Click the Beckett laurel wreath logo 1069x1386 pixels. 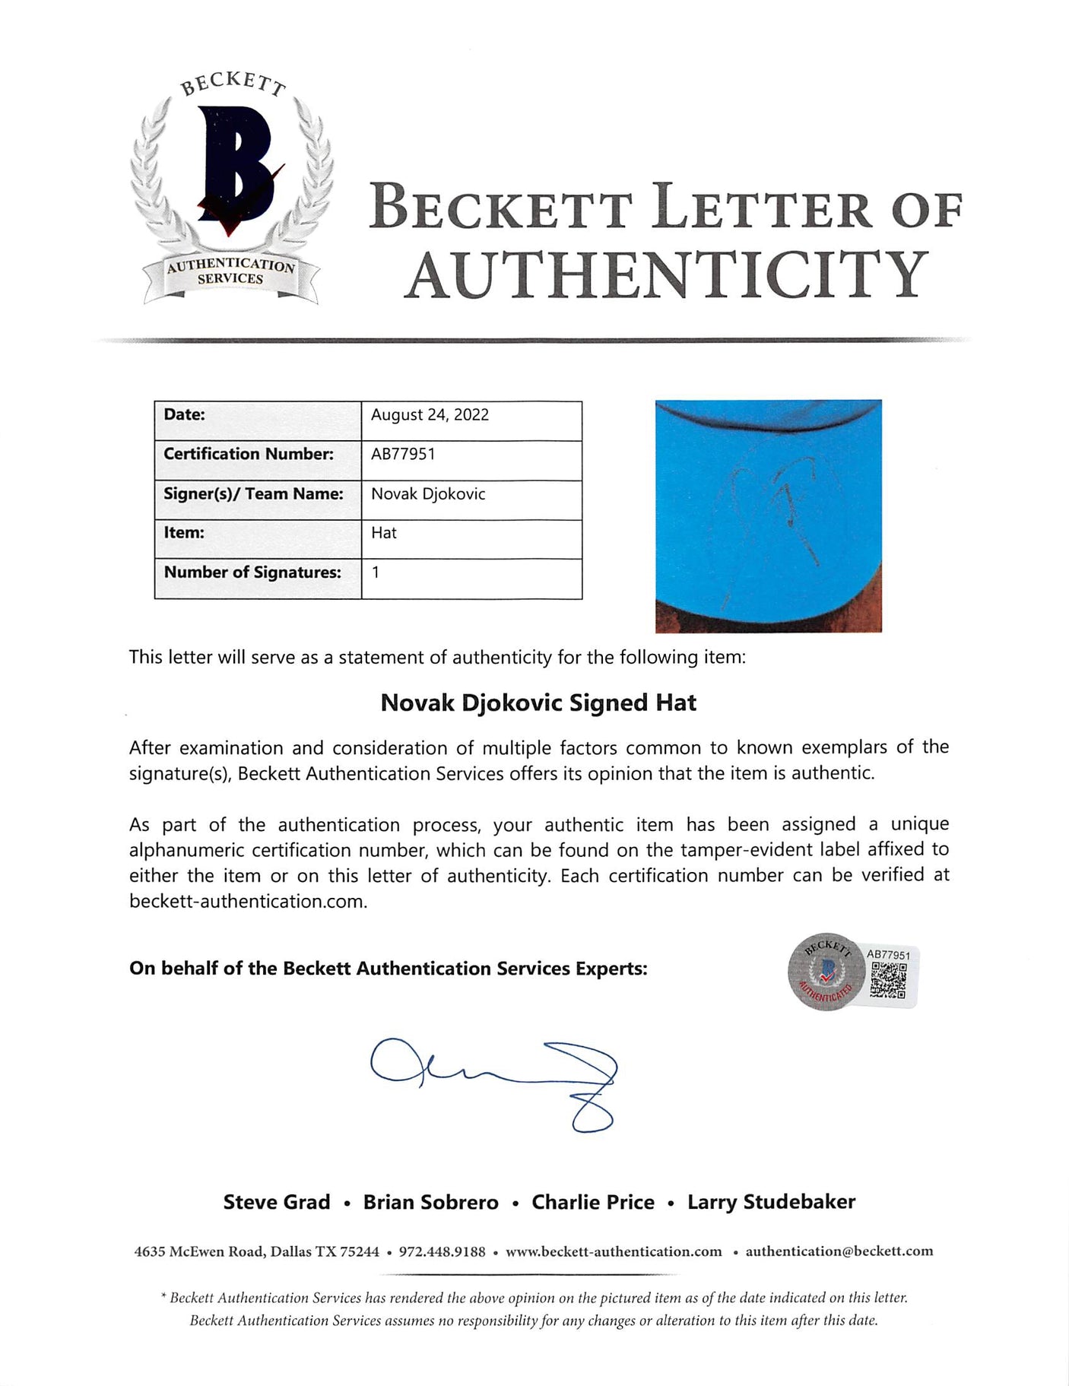231,190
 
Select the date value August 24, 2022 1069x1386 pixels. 430,415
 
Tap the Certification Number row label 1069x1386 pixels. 249,454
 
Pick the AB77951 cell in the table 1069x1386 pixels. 403,454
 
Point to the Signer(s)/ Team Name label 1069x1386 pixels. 253,493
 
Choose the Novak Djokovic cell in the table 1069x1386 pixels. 428,493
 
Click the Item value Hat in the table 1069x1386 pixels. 384,533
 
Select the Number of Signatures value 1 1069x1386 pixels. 376,572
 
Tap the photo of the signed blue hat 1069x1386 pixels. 768,515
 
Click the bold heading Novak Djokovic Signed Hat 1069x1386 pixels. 538,703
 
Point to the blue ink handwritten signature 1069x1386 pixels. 494,1080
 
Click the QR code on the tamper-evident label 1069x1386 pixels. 887,980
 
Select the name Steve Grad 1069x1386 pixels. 277,1202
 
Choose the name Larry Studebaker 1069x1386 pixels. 771,1202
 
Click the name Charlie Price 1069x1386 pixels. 593,1202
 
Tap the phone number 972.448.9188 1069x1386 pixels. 442,1251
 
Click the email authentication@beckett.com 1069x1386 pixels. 839,1251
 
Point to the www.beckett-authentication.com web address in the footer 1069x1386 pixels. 614,1251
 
